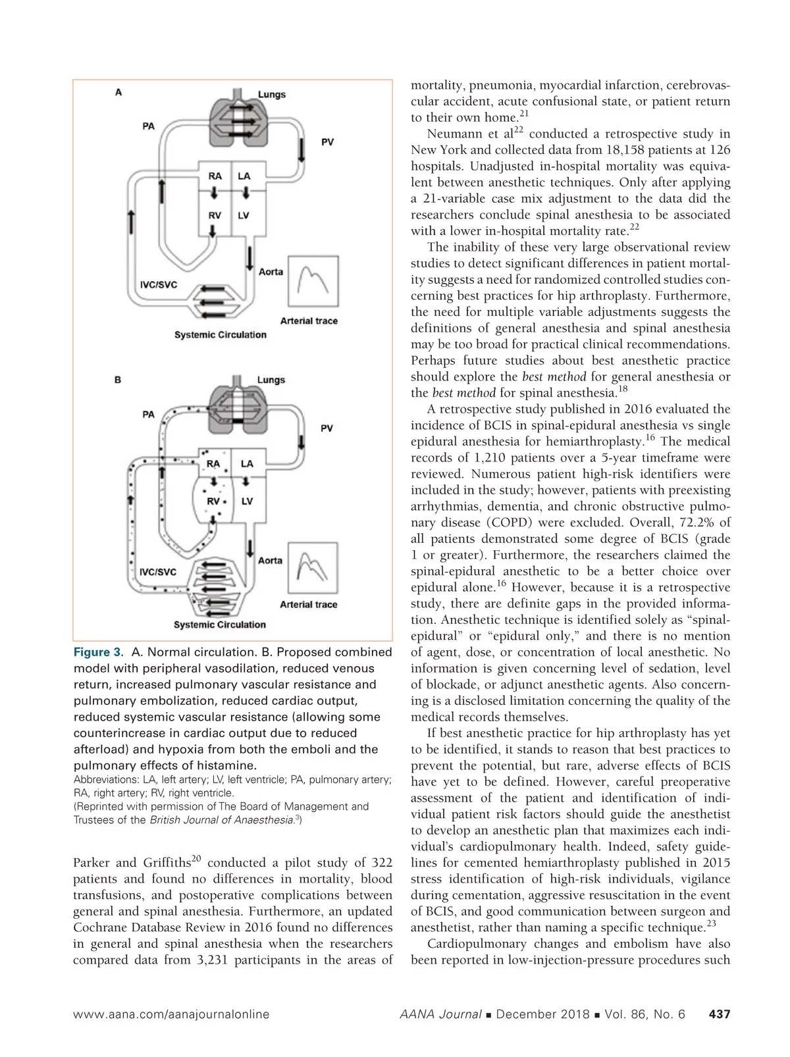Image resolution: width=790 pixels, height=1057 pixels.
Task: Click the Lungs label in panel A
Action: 271,94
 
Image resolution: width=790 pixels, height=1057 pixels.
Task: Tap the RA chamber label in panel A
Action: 215,176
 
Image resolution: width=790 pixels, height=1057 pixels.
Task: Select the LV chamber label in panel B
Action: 247,502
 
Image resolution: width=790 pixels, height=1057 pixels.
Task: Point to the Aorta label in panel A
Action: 271,271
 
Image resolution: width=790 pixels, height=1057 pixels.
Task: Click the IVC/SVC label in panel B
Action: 158,571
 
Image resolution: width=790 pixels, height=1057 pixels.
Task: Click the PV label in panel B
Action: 327,428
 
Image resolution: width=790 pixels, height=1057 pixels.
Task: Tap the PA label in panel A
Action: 149,126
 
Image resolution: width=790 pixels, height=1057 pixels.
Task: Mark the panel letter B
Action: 118,380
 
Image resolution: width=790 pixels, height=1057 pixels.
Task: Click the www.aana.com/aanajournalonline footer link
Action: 171,1014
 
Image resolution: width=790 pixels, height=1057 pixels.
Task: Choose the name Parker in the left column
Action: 92,863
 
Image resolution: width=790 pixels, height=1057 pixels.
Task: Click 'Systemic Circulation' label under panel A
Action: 220,335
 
